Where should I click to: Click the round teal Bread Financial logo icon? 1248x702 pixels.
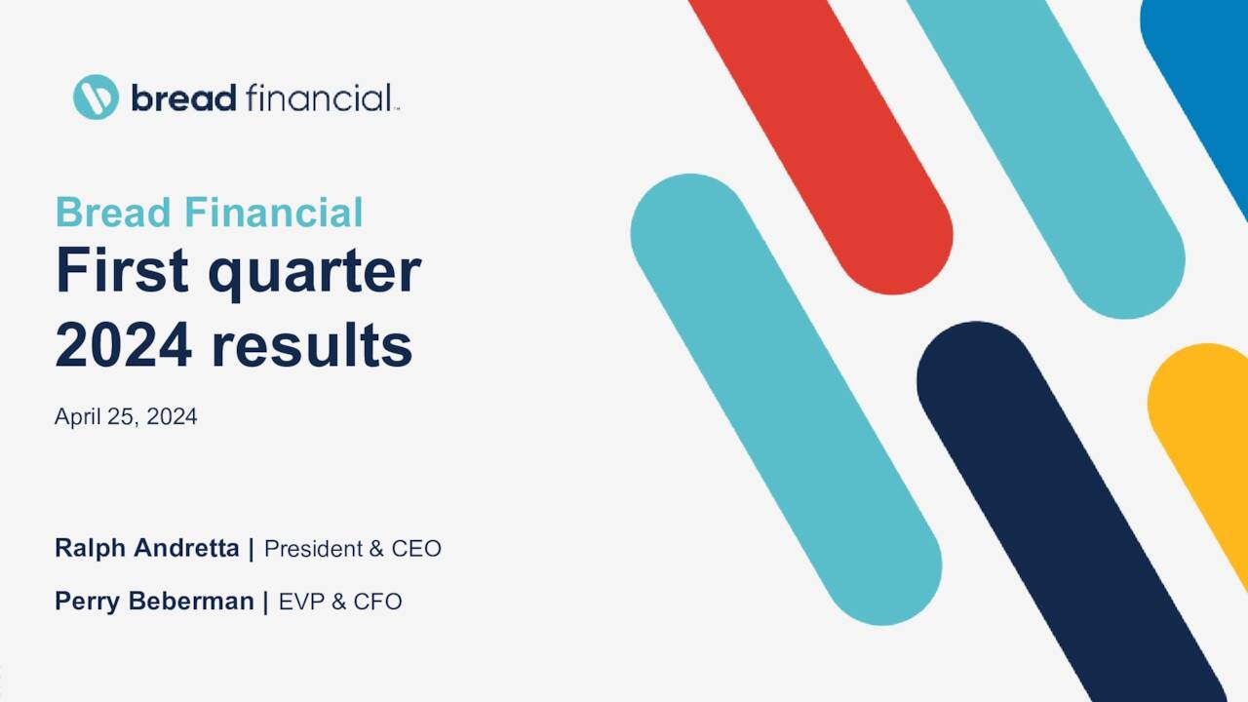pyautogui.click(x=96, y=97)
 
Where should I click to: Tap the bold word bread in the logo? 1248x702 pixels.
pyautogui.click(x=183, y=97)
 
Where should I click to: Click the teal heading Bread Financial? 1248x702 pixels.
pyautogui.click(x=209, y=213)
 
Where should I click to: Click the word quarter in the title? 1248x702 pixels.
pyautogui.click(x=314, y=273)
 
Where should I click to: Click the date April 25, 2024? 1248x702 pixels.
pyautogui.click(x=126, y=416)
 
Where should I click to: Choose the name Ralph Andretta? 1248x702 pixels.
pyautogui.click(x=146, y=548)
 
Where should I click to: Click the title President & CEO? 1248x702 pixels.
pyautogui.click(x=352, y=549)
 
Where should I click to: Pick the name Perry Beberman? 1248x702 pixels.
pyautogui.click(x=154, y=602)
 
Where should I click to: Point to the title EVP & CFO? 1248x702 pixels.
pyautogui.click(x=340, y=602)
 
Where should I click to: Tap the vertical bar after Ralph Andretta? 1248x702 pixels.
pyautogui.click(x=252, y=548)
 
